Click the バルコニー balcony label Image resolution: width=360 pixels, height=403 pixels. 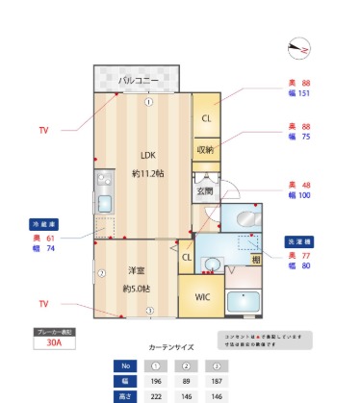pos(137,80)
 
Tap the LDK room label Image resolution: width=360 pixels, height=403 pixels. pos(147,155)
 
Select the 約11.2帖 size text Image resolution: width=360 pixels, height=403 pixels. pos(147,173)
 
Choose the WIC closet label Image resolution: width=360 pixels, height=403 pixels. pos(201,296)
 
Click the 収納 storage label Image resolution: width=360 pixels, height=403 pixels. pos(205,150)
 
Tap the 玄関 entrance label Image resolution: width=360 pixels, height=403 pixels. pos(205,190)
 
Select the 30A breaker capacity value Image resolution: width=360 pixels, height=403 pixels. pos(54,340)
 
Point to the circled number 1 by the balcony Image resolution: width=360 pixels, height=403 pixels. pos(148,102)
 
